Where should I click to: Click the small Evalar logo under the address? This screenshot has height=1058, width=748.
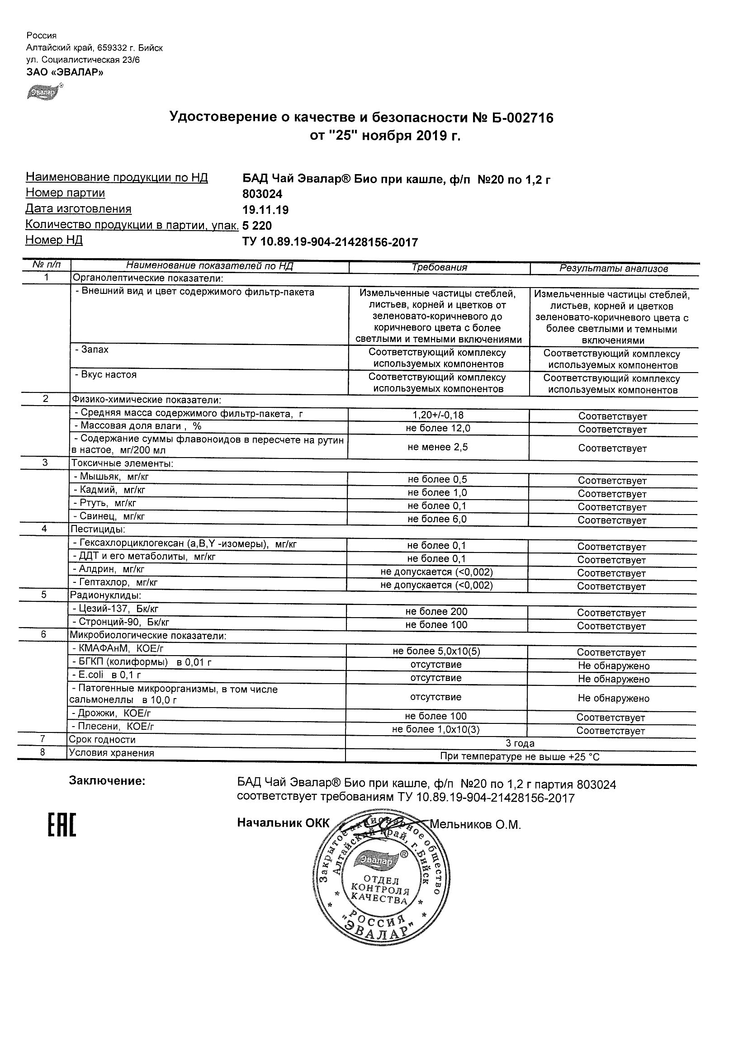click(x=43, y=92)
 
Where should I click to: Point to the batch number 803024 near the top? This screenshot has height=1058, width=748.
click(x=262, y=194)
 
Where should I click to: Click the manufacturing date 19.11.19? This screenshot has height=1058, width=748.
click(x=265, y=210)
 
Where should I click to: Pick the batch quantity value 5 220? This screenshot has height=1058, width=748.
click(x=257, y=226)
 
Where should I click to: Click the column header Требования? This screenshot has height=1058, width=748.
click(x=439, y=267)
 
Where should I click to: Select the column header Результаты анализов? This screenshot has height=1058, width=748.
click(x=613, y=269)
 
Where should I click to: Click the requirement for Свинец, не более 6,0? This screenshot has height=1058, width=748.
click(x=437, y=519)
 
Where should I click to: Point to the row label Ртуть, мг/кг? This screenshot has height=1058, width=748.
click(x=108, y=503)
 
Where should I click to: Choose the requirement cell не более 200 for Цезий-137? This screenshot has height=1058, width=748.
click(x=436, y=611)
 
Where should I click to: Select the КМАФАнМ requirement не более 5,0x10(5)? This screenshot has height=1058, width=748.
click(x=436, y=651)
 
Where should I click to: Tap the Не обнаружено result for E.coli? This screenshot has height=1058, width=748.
click(x=613, y=679)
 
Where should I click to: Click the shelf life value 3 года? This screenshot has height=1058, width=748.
click(x=520, y=743)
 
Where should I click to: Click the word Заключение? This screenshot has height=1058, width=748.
click(x=107, y=780)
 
